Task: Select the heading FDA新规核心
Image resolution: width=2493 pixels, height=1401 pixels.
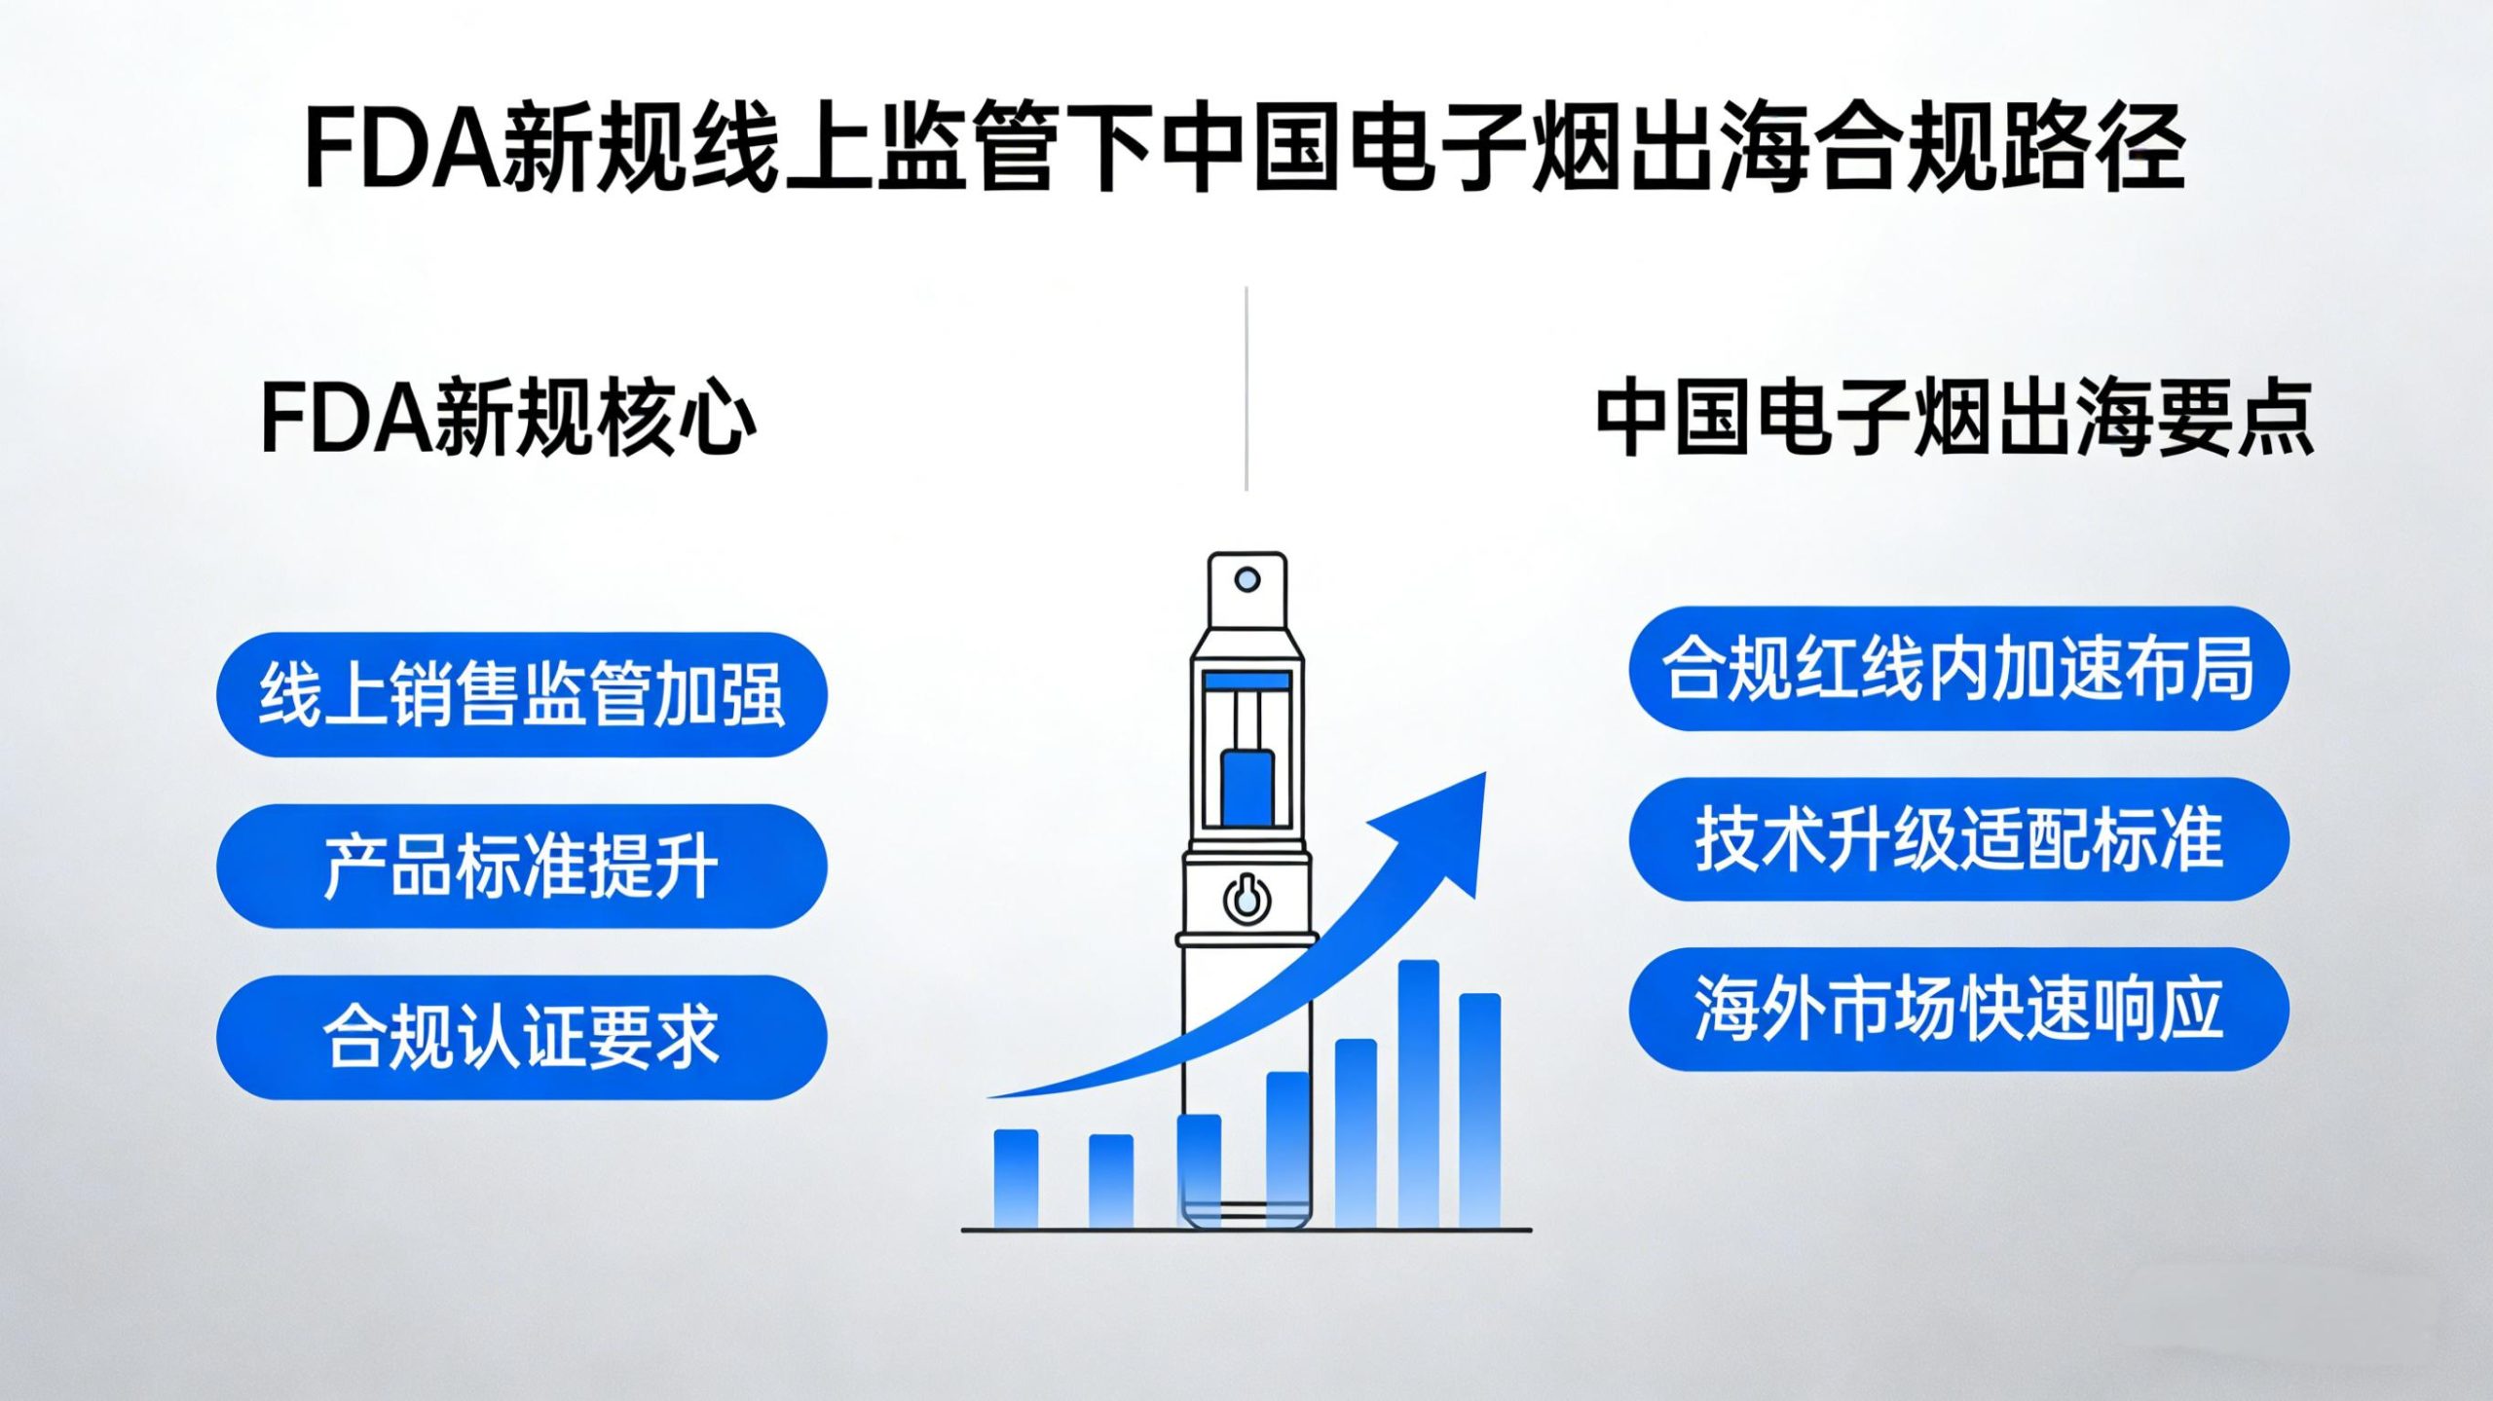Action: (507, 419)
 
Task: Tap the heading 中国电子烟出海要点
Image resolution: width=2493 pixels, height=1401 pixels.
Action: (1953, 419)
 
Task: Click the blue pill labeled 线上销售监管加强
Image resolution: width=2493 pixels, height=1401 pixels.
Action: (521, 694)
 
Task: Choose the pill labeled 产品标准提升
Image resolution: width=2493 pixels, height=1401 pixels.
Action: (521, 866)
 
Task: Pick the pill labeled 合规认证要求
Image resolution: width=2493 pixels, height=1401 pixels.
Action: (521, 1037)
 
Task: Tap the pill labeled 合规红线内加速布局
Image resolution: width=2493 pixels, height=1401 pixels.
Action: (1958, 668)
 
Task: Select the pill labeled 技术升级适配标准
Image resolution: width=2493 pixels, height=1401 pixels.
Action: (1958, 839)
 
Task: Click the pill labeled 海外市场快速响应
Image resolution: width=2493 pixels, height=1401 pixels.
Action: (1958, 1010)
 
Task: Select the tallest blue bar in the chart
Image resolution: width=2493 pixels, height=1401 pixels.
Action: (1418, 1090)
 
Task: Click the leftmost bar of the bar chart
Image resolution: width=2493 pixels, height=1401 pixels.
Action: (1016, 1178)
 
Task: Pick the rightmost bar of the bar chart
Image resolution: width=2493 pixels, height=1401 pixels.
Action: (1479, 1110)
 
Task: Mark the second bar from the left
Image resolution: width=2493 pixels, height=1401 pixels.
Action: (1110, 1180)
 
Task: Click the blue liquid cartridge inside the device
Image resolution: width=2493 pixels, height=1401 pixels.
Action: (1246, 787)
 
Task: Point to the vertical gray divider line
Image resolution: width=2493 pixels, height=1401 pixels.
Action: (1246, 389)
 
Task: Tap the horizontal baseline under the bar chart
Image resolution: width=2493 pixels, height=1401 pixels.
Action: (1246, 1230)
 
